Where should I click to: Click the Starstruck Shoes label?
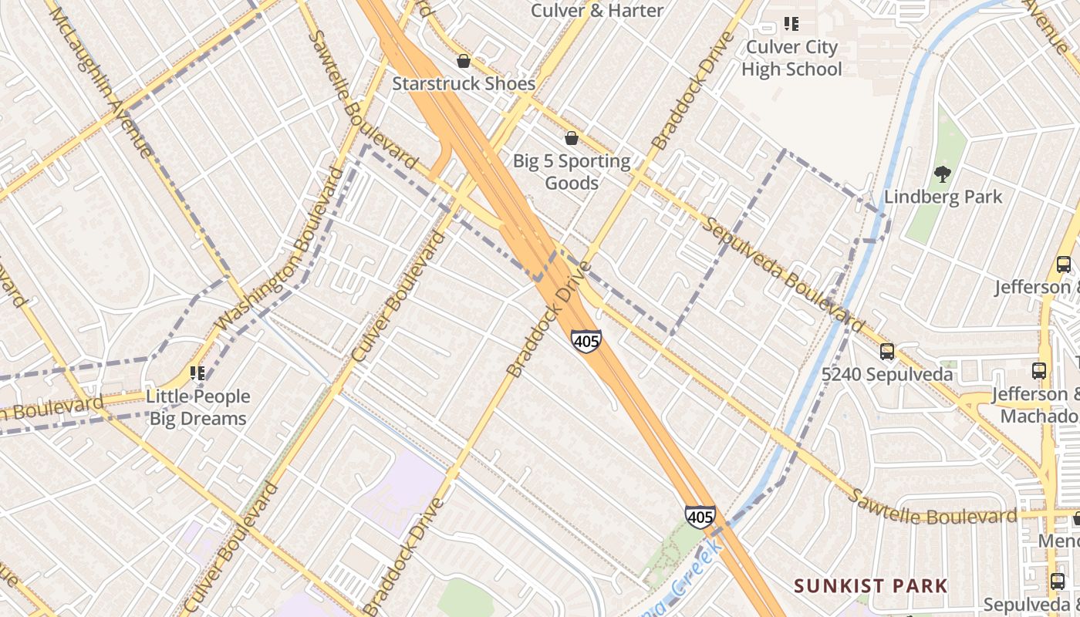pyautogui.click(x=464, y=83)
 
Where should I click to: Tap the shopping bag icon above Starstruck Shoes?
pyautogui.click(x=464, y=61)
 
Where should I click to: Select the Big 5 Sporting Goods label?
pyautogui.click(x=572, y=172)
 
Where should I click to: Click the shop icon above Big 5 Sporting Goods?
pyautogui.click(x=572, y=139)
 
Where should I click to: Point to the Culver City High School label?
pyautogui.click(x=791, y=58)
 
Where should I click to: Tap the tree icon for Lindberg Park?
pyautogui.click(x=942, y=174)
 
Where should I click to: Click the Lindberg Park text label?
pyautogui.click(x=943, y=197)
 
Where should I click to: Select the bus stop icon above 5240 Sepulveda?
pyautogui.click(x=887, y=352)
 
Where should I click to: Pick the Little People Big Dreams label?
pyautogui.click(x=198, y=407)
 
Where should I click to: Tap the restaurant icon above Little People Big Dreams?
pyautogui.click(x=197, y=373)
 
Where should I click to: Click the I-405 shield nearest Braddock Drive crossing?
pyautogui.click(x=586, y=340)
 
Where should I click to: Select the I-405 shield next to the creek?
pyautogui.click(x=700, y=516)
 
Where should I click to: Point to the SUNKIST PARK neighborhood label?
pyautogui.click(x=871, y=585)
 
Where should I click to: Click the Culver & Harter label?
pyautogui.click(x=597, y=10)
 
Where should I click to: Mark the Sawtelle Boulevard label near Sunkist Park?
pyautogui.click(x=932, y=507)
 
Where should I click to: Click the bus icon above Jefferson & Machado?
pyautogui.click(x=1039, y=371)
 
